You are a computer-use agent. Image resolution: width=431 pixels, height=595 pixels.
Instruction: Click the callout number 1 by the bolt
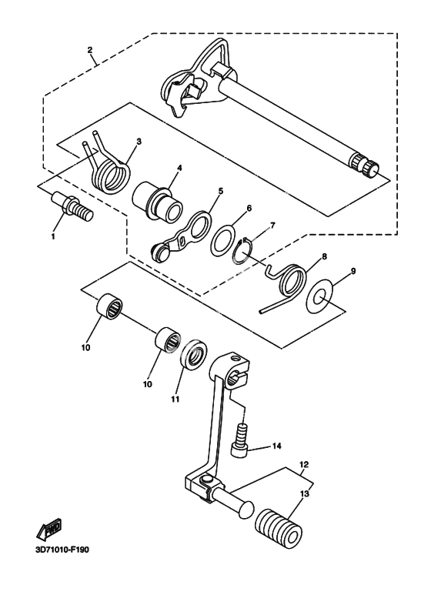click(x=53, y=236)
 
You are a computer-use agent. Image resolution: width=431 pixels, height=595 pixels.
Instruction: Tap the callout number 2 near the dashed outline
click(x=90, y=50)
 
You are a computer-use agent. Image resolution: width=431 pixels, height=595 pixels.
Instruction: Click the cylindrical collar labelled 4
click(x=157, y=202)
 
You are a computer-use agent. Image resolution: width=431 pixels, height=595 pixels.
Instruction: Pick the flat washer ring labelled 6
click(x=222, y=240)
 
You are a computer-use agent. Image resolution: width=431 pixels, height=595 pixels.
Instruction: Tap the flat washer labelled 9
click(x=319, y=296)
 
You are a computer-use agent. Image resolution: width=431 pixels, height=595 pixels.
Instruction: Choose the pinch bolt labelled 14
click(x=240, y=440)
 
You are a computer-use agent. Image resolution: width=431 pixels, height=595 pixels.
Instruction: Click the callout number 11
click(x=175, y=399)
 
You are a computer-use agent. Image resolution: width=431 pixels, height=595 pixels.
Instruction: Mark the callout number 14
click(x=276, y=446)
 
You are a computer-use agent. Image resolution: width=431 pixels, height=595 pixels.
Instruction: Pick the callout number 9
click(x=352, y=271)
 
